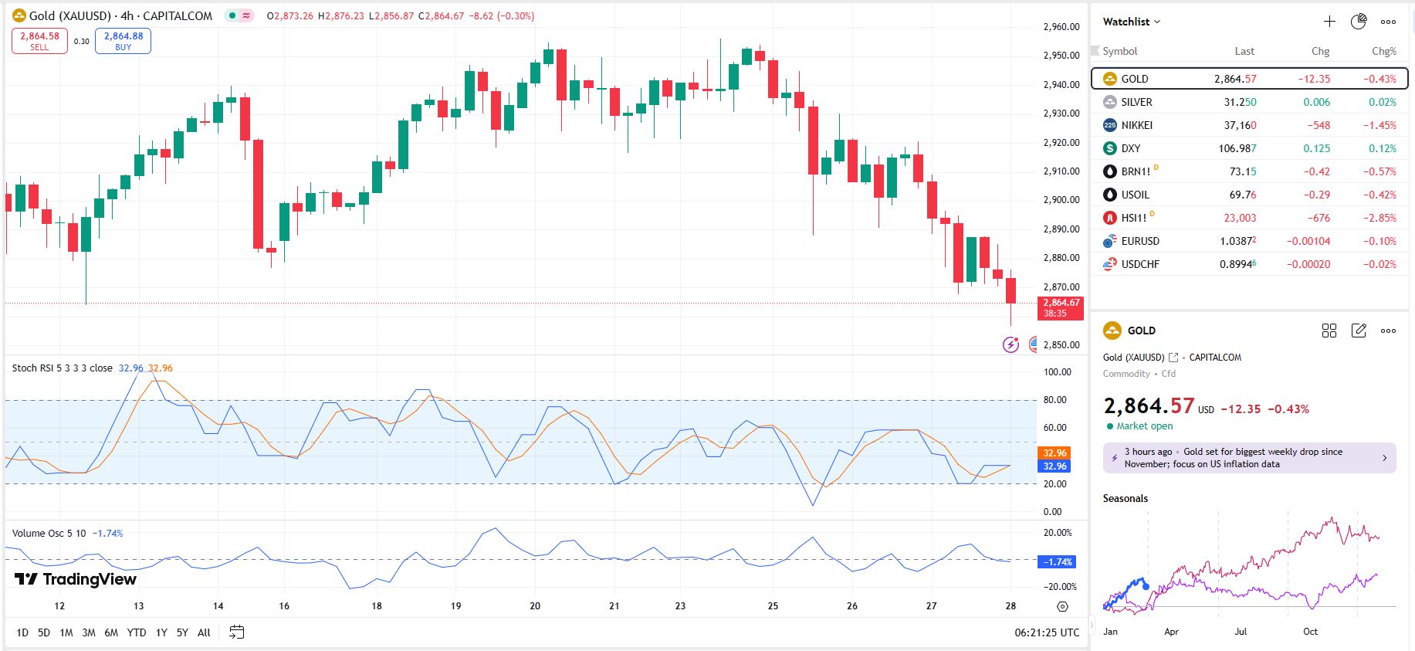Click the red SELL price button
coord(39,41)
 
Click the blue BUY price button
coord(123,41)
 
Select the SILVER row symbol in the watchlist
coord(1136,102)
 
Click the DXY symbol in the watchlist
coord(1130,148)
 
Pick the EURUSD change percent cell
coord(1379,241)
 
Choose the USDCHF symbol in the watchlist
coord(1139,264)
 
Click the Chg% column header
coord(1383,51)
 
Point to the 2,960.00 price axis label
coord(1061,27)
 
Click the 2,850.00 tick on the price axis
coord(1061,345)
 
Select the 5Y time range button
coord(182,632)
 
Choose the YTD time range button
coord(137,632)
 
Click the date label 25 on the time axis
coord(773,606)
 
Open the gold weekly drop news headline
coord(1249,458)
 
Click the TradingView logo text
coord(76,579)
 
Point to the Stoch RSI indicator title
coord(62,368)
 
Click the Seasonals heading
coord(1125,498)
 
